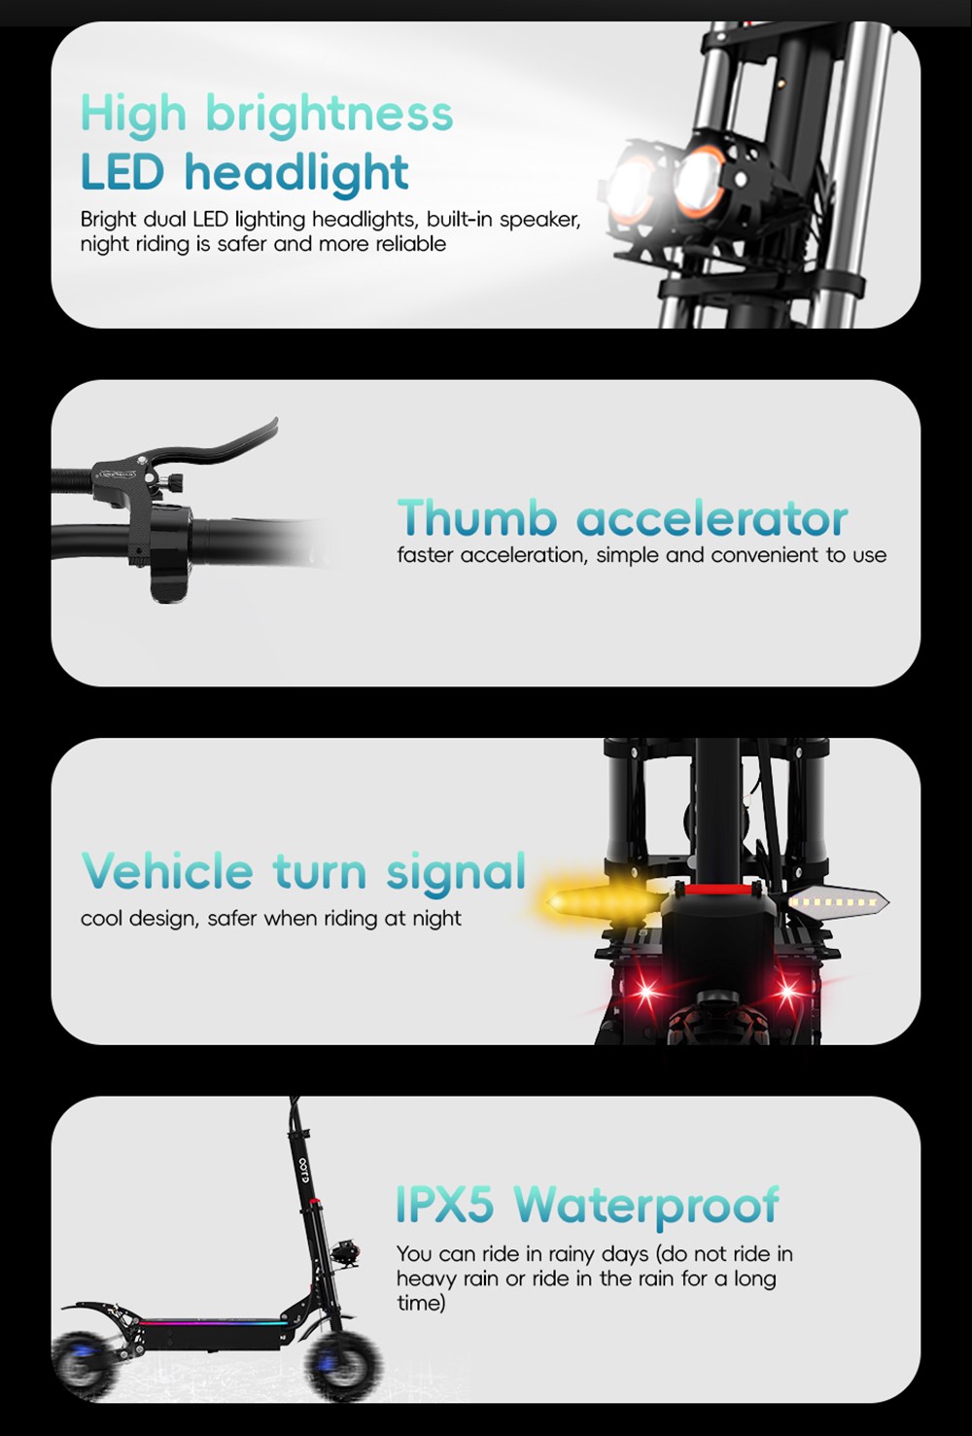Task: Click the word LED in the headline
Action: [x=122, y=172]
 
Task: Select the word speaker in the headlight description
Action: [x=539, y=220]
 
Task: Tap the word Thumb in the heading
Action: [x=477, y=517]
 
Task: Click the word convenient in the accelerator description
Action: [x=764, y=555]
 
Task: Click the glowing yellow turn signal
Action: [x=604, y=902]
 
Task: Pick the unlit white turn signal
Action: [x=833, y=902]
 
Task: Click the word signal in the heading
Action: [x=456, y=873]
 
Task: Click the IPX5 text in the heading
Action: [x=444, y=1204]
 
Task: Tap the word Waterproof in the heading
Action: [x=646, y=1208]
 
